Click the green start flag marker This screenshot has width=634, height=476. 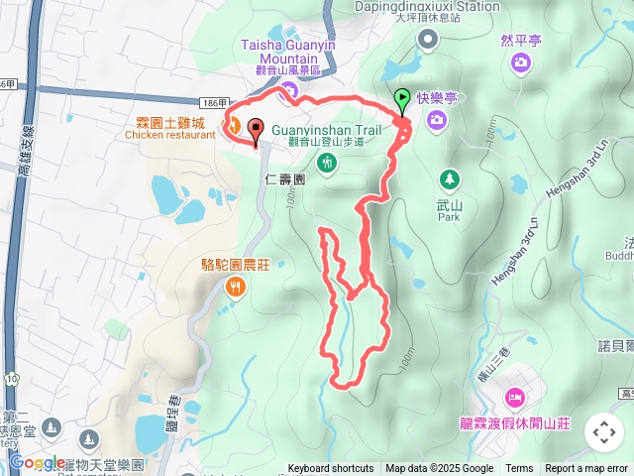click(403, 100)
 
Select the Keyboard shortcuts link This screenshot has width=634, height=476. click(331, 469)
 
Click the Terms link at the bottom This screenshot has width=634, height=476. click(519, 469)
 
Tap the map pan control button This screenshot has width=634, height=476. click(603, 432)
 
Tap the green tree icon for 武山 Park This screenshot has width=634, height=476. click(450, 179)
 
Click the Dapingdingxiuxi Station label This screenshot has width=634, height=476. click(427, 6)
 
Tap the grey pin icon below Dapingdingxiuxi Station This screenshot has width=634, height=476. click(427, 39)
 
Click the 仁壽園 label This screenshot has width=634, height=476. click(286, 180)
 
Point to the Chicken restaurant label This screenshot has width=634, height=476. click(169, 136)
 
